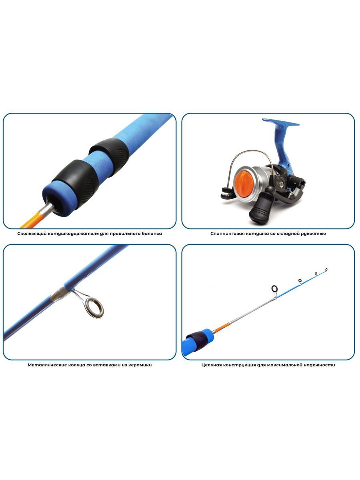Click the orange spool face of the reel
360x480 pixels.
coord(244,182)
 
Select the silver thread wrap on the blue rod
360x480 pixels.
coord(58,294)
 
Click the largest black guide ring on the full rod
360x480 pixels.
coord(275,289)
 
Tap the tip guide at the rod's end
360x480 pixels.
coord(326,270)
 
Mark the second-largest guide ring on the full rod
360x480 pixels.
coord(300,280)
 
